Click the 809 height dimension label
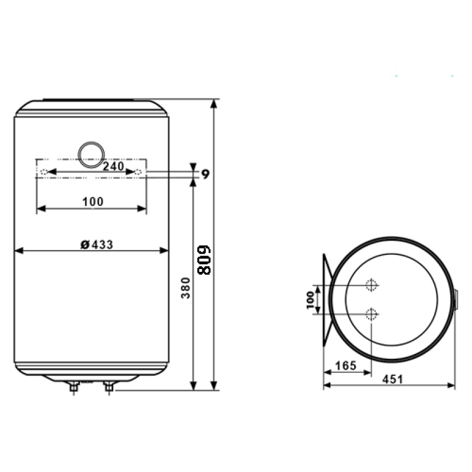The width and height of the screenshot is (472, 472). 204,260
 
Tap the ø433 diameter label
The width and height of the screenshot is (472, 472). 97,245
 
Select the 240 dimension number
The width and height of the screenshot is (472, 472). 113,166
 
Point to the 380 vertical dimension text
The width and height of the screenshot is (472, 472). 186,288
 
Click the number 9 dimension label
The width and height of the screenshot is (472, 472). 205,174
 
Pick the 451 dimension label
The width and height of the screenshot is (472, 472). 392,379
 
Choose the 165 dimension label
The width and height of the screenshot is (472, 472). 346,366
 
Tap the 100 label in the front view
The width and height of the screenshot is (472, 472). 93,202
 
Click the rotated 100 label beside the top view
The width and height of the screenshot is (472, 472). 310,300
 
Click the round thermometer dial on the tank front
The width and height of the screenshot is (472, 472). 91,155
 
